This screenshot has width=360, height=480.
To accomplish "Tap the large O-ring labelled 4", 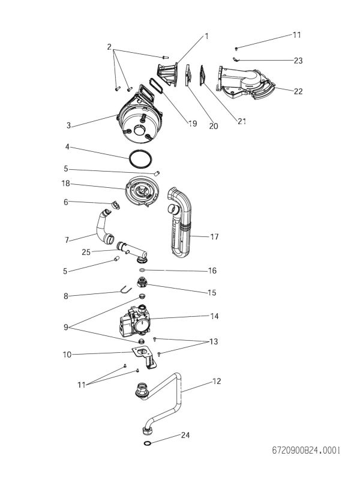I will [x=140, y=160].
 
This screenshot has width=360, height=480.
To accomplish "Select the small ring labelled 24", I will [x=148, y=443].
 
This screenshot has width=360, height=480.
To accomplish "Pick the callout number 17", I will [x=214, y=237].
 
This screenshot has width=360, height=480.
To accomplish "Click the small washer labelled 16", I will [x=143, y=271].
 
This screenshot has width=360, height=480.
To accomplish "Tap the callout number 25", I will [x=86, y=252].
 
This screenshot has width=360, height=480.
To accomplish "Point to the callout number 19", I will [x=191, y=124].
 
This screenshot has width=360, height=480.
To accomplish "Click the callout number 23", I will [x=298, y=60].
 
